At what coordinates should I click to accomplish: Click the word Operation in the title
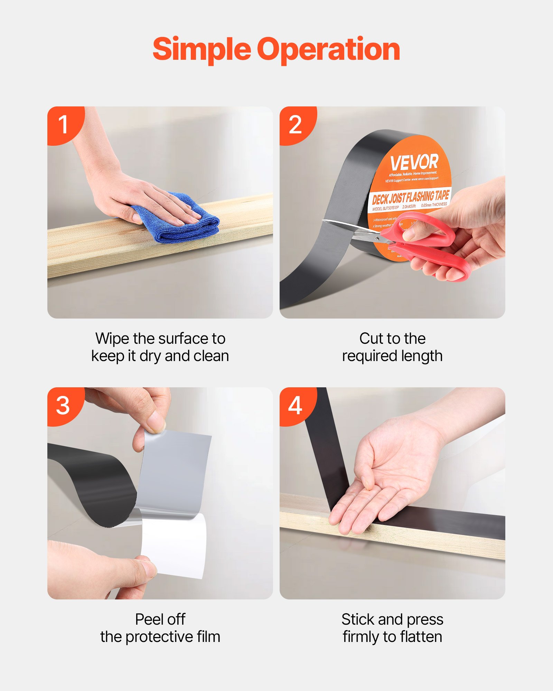[x=328, y=49]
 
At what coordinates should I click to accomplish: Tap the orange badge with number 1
[x=63, y=124]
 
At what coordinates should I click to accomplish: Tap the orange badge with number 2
[x=295, y=124]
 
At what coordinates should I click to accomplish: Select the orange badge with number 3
[x=63, y=405]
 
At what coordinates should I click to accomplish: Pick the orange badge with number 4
[x=295, y=405]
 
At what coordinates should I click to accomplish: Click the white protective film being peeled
[x=175, y=546]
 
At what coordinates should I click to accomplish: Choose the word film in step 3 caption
[x=208, y=637]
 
